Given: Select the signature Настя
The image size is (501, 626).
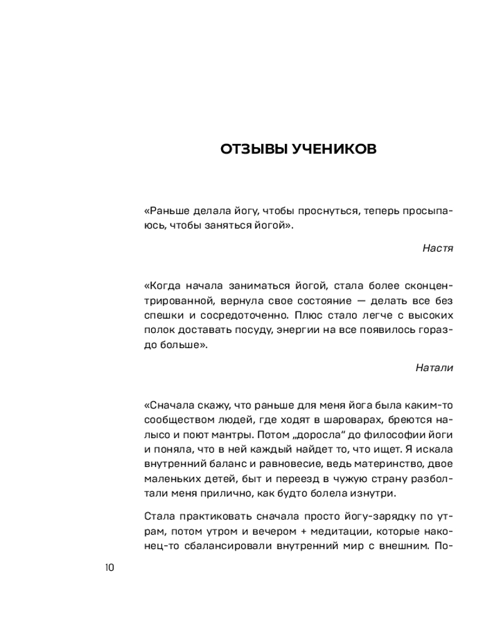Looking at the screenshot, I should coord(438,247).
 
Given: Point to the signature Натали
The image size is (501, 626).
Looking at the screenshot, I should coord(434,367).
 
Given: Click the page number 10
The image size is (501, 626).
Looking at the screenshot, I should coord(109,568).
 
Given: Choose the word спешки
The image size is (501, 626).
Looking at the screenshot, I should coord(163,316).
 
